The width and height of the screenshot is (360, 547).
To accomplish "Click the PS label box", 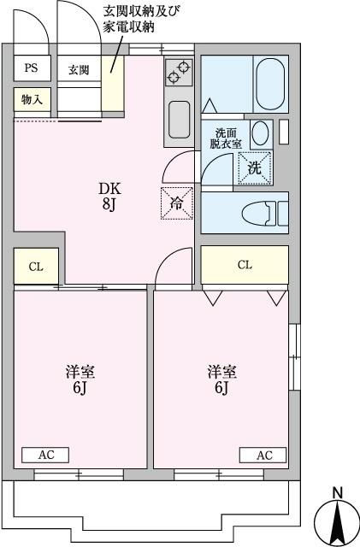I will (31, 68).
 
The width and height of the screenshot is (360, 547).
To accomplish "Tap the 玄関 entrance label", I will (79, 69).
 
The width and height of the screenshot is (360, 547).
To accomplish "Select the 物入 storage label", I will (32, 100).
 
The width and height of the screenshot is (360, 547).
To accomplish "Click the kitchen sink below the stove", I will (179, 118).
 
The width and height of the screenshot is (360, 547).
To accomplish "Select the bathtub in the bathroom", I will (270, 79).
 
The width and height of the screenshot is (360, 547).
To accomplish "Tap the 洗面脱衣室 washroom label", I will (227, 138).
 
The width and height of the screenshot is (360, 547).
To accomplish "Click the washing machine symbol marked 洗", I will (254, 168).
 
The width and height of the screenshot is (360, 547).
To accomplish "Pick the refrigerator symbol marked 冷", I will (175, 203).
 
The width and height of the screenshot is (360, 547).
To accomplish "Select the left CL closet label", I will (36, 267).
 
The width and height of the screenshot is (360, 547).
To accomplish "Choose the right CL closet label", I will (245, 265).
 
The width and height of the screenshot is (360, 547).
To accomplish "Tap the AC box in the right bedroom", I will (263, 455).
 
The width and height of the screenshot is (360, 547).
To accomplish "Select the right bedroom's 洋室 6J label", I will (221, 380).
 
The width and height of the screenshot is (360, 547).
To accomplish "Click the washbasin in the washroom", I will (263, 132).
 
